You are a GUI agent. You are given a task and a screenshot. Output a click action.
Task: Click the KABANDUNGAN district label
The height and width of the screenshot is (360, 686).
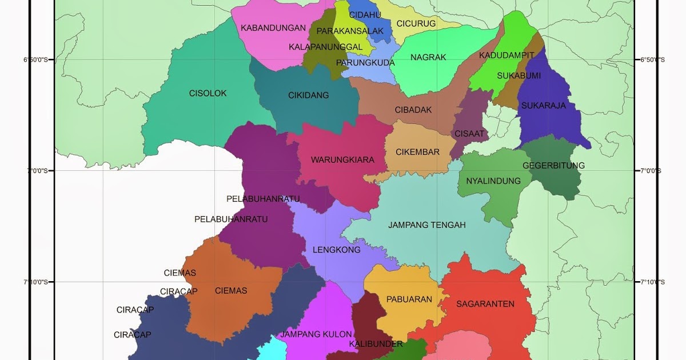coord(270,27)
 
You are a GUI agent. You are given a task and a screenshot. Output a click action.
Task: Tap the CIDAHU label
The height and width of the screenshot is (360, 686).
coord(365,15)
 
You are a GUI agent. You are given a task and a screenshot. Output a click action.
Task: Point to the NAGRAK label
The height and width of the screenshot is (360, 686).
coord(428,57)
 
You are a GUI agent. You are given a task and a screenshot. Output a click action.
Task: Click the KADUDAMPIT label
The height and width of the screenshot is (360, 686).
coord(506,55)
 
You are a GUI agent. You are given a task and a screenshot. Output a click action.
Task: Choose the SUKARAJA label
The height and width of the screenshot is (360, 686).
coord(543,106)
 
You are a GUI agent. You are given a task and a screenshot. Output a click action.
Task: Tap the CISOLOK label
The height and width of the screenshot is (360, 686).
coord(208,93)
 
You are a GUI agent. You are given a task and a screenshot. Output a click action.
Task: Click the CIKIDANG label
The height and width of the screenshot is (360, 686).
coord(309,95)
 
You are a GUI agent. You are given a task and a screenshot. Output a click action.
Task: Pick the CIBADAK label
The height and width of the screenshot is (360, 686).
coord(413,110)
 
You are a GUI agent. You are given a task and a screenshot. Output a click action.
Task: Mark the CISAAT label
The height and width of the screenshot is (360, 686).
coord(469,134)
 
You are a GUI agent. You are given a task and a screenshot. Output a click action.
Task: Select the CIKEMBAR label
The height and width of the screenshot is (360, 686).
coord(418,152)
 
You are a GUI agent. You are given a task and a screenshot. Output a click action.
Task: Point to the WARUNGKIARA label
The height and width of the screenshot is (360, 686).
coord(342,160)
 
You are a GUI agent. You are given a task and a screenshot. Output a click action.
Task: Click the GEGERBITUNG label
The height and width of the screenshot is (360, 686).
coord(553,166)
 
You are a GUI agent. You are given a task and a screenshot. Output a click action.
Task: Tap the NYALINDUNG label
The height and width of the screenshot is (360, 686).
coord(493,181)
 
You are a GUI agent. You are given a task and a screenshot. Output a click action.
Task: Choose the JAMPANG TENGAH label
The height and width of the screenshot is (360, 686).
coord(427,225)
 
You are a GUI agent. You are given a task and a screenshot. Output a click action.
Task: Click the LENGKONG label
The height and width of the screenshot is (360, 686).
coord(337,250)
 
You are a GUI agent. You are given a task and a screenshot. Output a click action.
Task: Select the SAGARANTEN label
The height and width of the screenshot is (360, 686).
coord(485,304)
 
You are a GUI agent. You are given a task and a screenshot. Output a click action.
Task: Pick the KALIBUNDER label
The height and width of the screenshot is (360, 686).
coord(376,344)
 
